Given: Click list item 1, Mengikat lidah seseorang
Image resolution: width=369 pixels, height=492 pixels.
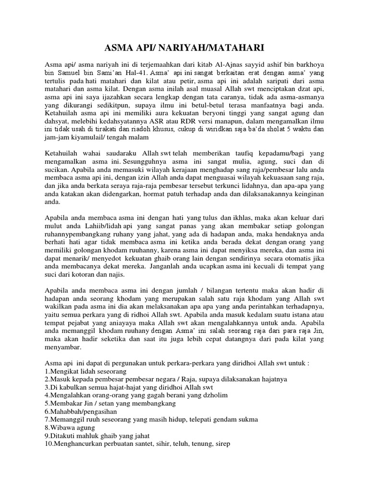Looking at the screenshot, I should (x=86, y=371).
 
